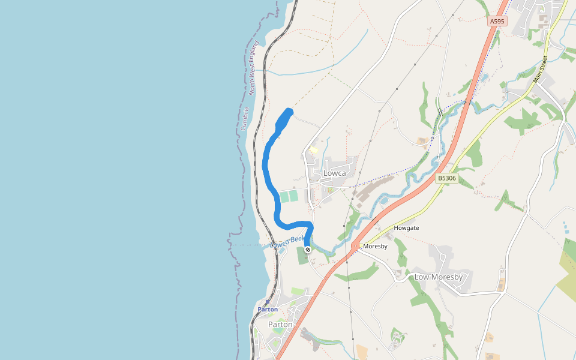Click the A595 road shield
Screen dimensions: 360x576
497,21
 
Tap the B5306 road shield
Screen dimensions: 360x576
447,178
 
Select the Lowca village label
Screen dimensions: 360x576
335,173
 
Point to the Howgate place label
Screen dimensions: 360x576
406,228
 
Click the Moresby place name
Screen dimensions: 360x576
376,246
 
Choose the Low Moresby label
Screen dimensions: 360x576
439,277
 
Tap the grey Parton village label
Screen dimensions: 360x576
280,325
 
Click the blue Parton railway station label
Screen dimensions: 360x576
268,310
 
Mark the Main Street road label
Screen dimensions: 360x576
541,69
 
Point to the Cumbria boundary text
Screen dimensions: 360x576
244,119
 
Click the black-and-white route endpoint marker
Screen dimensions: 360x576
308,250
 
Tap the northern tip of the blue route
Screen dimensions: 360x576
289,110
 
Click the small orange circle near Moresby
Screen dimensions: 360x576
355,245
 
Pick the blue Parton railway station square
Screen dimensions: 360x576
267,302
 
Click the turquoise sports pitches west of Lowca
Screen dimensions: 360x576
289,196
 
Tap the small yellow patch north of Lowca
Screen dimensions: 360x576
313,150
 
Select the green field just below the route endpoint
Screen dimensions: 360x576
303,256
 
